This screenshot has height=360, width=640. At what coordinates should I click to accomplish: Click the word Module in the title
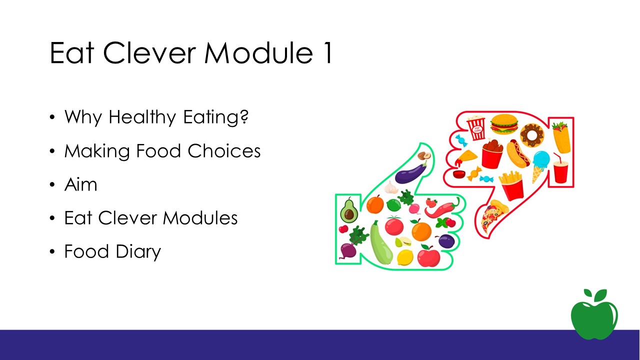258,53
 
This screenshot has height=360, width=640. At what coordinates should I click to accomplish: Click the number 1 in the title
328,53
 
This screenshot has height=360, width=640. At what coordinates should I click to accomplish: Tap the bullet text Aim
81,184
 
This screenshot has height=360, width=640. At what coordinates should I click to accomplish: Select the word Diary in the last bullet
138,251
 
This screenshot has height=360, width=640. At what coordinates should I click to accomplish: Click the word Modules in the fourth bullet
200,218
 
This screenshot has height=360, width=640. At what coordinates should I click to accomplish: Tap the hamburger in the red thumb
504,124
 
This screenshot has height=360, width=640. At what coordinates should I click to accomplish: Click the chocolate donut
531,135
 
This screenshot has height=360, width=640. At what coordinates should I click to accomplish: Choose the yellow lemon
405,257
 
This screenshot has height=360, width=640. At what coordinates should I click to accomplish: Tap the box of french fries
512,185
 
